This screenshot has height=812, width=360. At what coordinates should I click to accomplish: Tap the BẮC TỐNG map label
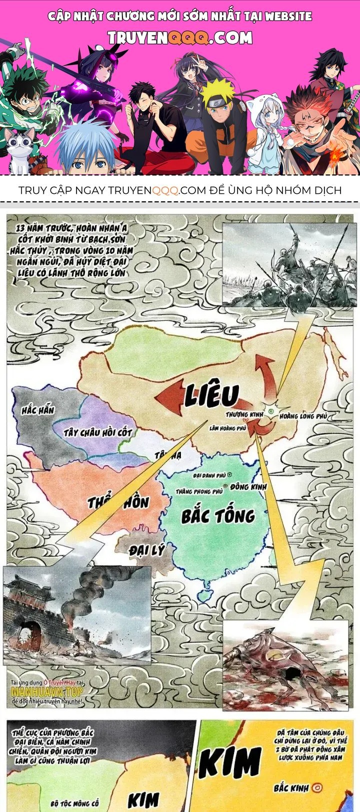click(x=218, y=515)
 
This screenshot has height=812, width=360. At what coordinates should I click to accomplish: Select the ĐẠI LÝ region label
click(x=146, y=550)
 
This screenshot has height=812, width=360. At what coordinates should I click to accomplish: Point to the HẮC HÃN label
click(x=37, y=411)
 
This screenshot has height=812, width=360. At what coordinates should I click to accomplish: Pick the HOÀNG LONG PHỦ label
click(x=303, y=416)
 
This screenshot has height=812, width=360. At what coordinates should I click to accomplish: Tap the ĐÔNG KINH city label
click(x=249, y=486)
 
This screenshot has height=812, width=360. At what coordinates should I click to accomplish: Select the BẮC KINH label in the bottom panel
click(x=290, y=789)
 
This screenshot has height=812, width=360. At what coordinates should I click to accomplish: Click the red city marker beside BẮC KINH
click(x=316, y=789)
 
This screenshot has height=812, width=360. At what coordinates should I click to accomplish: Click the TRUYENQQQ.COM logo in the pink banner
click(x=180, y=37)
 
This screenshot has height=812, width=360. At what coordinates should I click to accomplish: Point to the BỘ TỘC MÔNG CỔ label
click(x=75, y=804)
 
